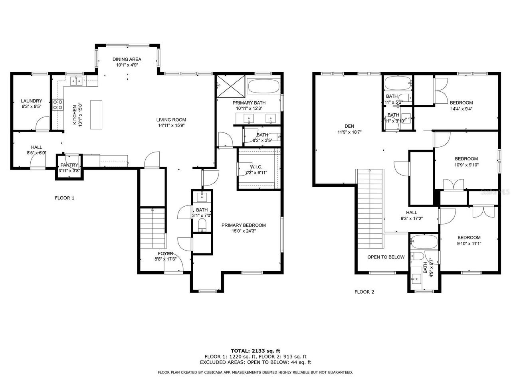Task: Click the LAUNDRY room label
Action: pyautogui.click(x=32, y=101)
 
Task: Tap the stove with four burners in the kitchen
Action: pyautogui.click(x=58, y=105)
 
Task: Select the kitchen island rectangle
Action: pyautogui.click(x=96, y=115)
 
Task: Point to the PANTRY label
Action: pyautogui.click(x=69, y=165)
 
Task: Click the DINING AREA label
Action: pyautogui.click(x=127, y=59)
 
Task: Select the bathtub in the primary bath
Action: pyautogui.click(x=263, y=86)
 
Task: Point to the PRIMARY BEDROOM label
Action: pyautogui.click(x=244, y=225)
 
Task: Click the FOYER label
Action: pyautogui.click(x=165, y=253)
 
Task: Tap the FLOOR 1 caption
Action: pyautogui.click(x=64, y=198)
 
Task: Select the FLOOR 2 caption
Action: pyautogui.click(x=364, y=292)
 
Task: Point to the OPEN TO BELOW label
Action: pyautogui.click(x=386, y=257)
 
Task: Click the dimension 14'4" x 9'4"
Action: pyautogui.click(x=461, y=108)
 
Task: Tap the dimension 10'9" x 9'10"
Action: pyautogui.click(x=466, y=164)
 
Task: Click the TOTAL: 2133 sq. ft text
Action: pyautogui.click(x=255, y=351)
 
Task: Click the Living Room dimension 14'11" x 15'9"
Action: pyautogui.click(x=171, y=125)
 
